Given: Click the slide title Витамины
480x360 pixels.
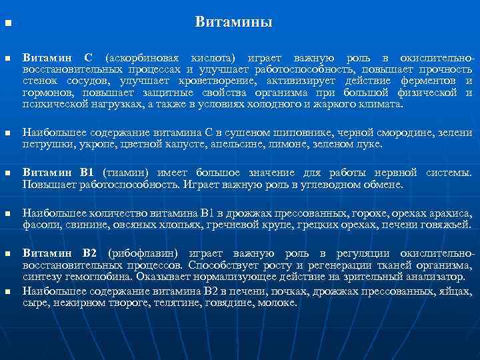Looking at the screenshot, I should point(233,23).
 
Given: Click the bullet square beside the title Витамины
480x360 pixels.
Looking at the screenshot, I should point(8,25).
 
